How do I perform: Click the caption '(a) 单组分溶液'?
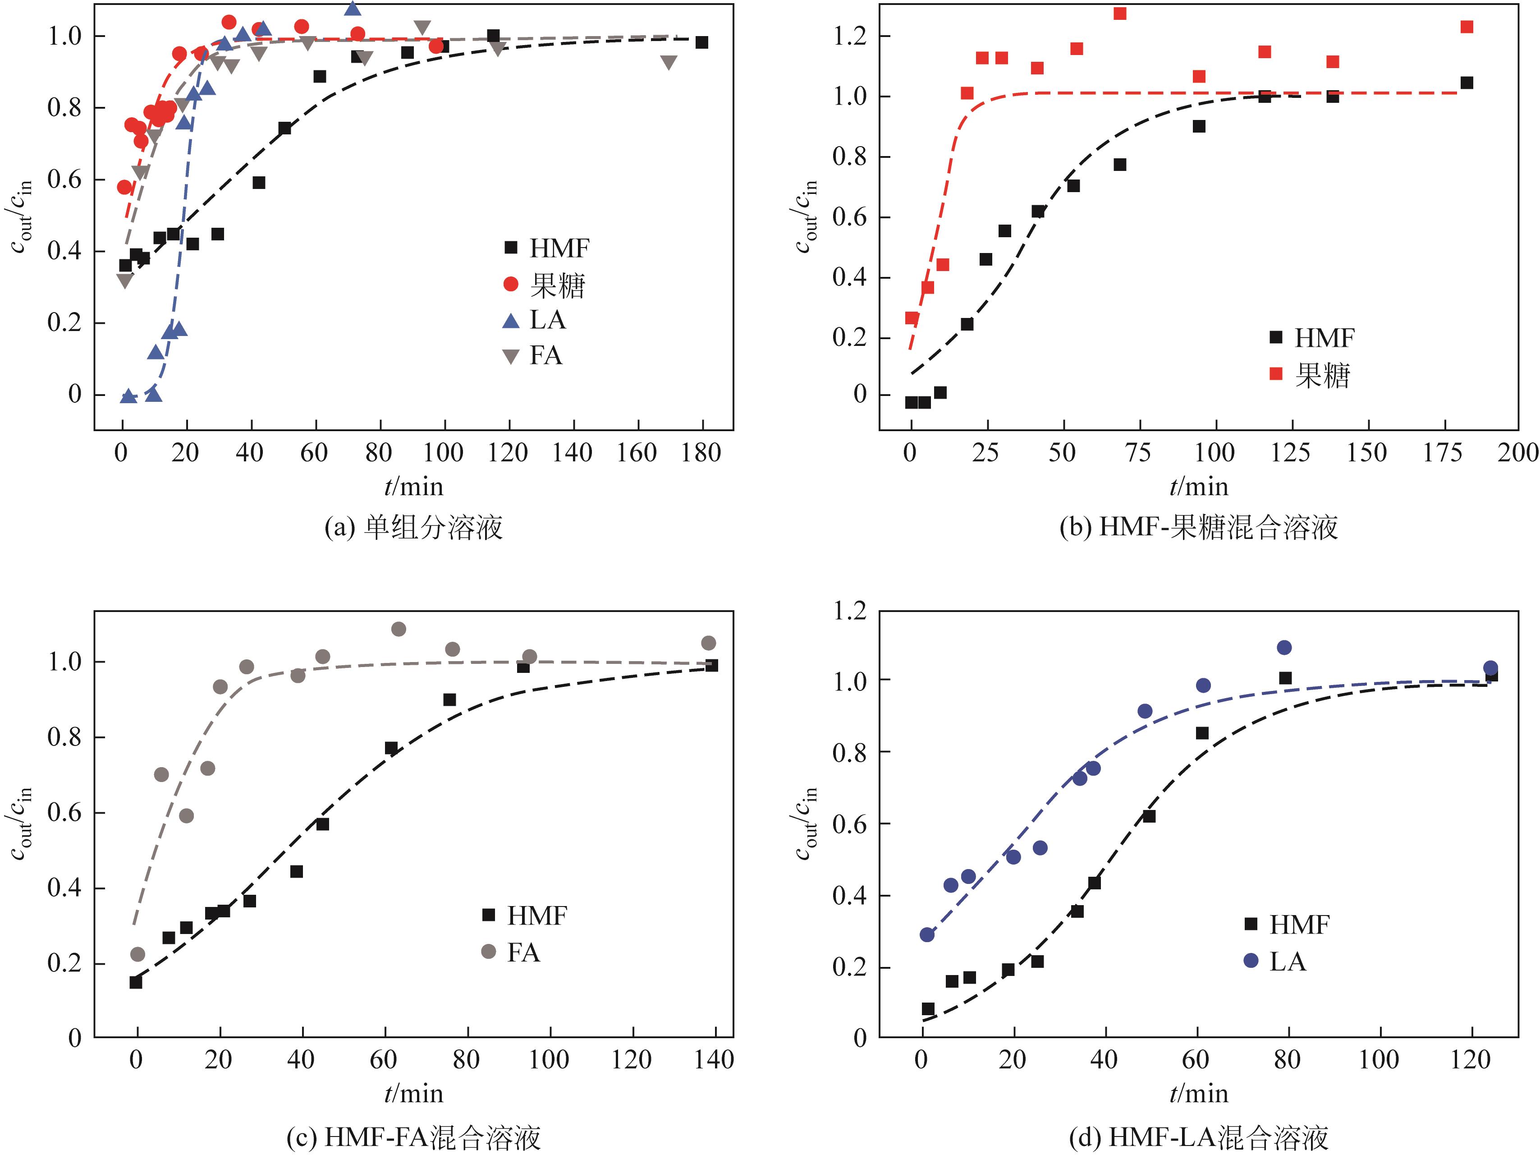[x=413, y=527]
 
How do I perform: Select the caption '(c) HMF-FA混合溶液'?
[x=413, y=1137]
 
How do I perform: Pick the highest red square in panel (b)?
[x=1119, y=13]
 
